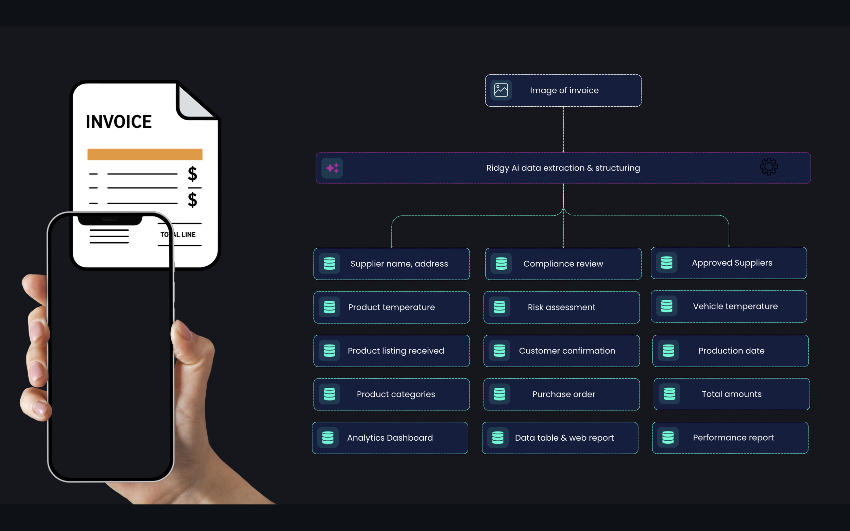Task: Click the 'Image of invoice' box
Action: point(563,90)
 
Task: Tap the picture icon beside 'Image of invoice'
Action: point(501,90)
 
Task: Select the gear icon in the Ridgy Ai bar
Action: point(769,166)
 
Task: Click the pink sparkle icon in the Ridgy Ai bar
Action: point(332,168)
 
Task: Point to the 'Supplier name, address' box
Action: point(391,264)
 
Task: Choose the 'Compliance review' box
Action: point(563,264)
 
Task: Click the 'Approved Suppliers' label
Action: point(732,263)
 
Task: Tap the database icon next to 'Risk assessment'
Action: point(499,307)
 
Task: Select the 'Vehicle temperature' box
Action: point(729,306)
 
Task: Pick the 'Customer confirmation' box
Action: point(562,351)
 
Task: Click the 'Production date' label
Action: point(731,351)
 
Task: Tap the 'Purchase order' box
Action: point(562,394)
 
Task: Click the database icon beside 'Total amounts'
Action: point(669,394)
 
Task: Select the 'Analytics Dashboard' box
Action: point(390,438)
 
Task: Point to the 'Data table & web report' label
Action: point(564,438)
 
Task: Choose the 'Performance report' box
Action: point(730,438)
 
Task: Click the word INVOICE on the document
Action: point(119,122)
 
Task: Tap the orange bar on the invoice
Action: point(145,155)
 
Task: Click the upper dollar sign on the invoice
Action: point(192,174)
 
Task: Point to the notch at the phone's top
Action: point(109,220)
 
